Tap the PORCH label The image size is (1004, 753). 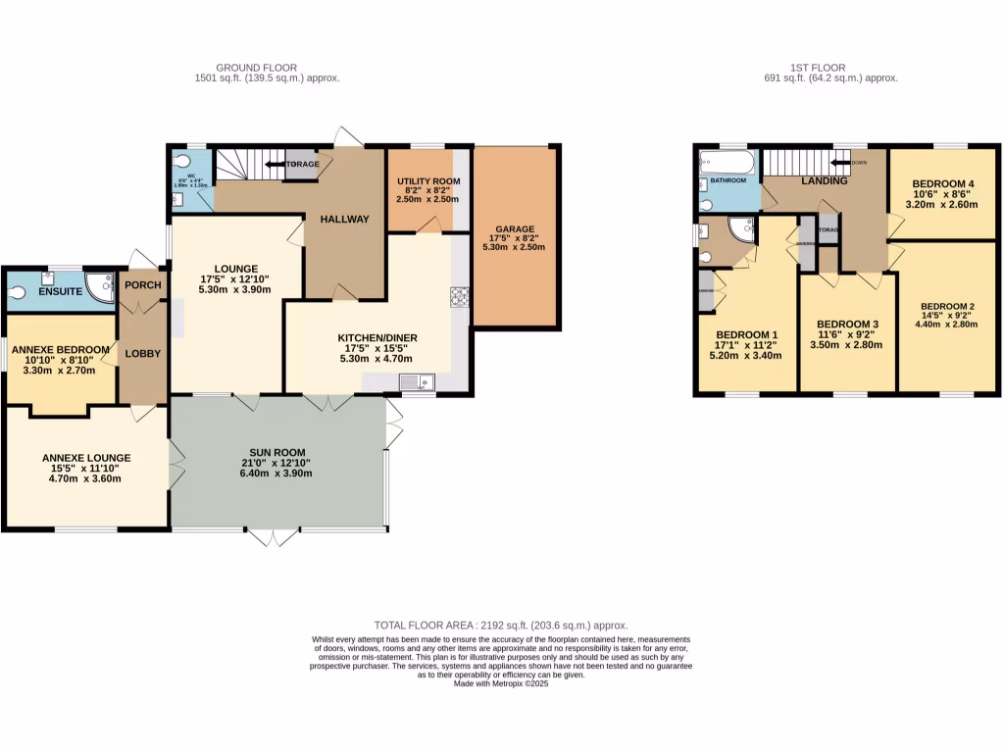(x=142, y=285)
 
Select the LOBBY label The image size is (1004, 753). (x=143, y=353)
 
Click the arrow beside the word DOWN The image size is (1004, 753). (x=838, y=163)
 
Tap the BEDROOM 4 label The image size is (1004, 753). (x=942, y=183)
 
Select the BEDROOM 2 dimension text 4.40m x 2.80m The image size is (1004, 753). (x=946, y=325)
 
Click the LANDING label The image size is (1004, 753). (x=824, y=181)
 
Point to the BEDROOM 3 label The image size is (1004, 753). (x=847, y=325)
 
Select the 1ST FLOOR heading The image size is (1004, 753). (x=833, y=68)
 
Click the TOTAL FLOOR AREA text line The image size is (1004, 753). (x=501, y=625)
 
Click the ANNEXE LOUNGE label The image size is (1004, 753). (x=85, y=458)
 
